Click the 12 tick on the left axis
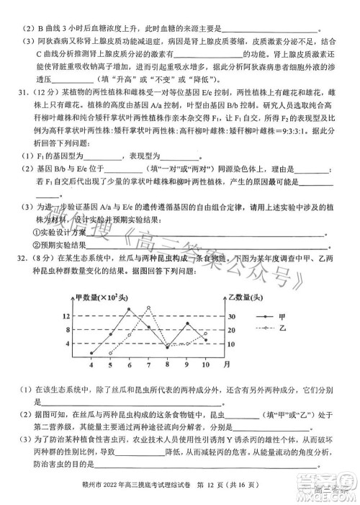[66, 316]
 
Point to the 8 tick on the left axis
[67, 331]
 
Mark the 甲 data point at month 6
[130, 316]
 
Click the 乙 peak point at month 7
[148, 308]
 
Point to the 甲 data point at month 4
[91, 353]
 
